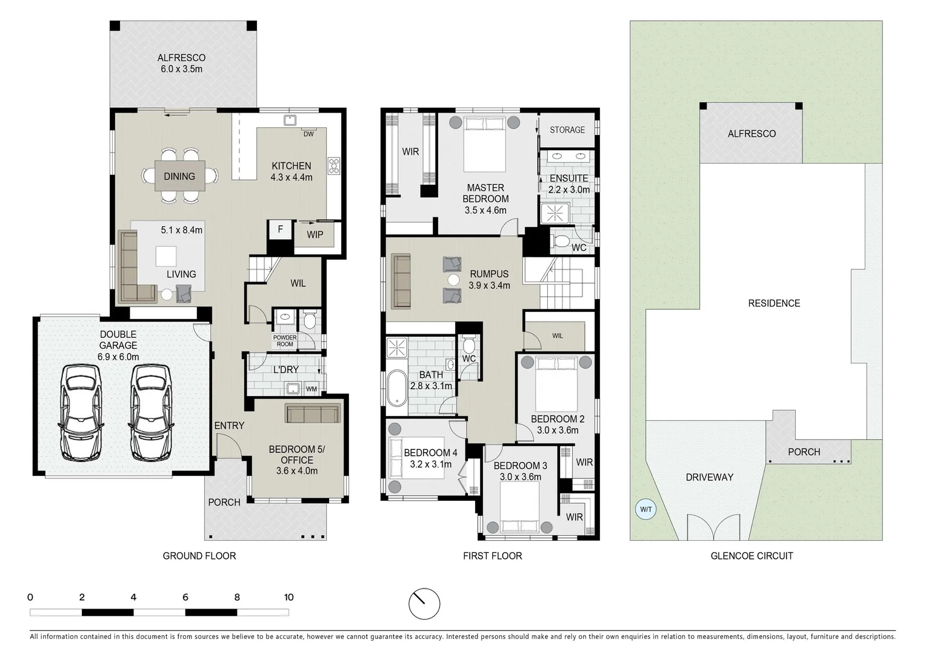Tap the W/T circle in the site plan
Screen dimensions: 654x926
[646, 509]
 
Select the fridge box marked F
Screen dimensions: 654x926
[279, 230]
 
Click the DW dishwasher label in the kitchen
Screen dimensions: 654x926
[308, 134]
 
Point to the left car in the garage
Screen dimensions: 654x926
[80, 412]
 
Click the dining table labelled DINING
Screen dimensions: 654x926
[179, 176]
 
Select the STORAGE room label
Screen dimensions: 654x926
[567, 130]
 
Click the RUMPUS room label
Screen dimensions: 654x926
[488, 274]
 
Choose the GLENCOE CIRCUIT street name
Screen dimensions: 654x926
[751, 555]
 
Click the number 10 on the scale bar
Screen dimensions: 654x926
[288, 597]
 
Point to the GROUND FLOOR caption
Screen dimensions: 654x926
[199, 555]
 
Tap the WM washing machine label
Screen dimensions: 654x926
[311, 389]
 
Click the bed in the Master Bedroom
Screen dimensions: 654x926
[484, 144]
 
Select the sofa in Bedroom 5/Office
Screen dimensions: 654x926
[313, 414]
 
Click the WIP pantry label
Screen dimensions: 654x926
[315, 234]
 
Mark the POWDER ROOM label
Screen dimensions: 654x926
[285, 341]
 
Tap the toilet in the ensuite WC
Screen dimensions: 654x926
[561, 242]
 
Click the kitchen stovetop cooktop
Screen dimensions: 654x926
[334, 166]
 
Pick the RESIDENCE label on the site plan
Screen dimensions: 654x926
[774, 303]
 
